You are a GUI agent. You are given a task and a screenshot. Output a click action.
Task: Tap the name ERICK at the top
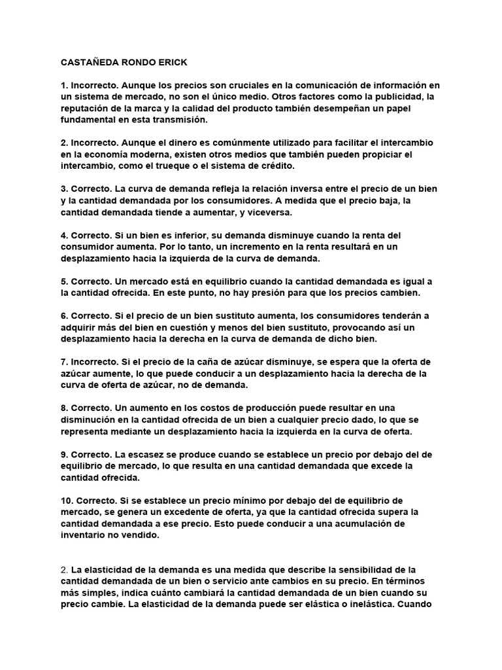pyautogui.click(x=172, y=63)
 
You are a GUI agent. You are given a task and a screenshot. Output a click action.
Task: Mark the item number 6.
pyautogui.click(x=63, y=315)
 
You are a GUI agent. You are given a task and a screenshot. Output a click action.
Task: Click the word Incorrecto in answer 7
pyautogui.click(x=94, y=361)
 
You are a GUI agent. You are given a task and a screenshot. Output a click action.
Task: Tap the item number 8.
pyautogui.click(x=63, y=408)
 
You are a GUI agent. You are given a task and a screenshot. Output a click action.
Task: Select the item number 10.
pyautogui.click(x=66, y=500)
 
